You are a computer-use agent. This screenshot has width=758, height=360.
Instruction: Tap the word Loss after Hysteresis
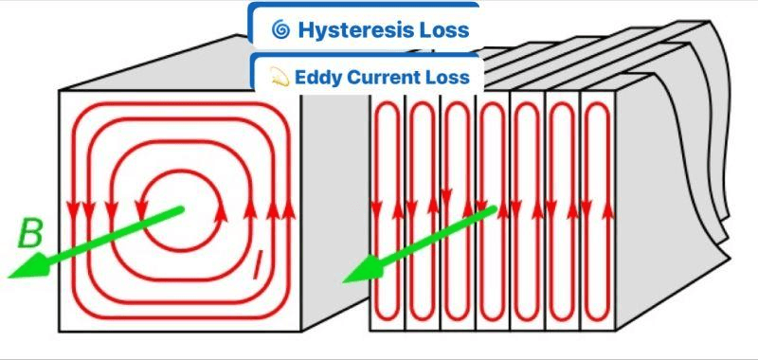[x=444, y=30]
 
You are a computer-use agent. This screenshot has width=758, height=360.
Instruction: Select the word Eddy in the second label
[x=317, y=76]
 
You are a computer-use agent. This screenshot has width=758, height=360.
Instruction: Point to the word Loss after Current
[x=449, y=76]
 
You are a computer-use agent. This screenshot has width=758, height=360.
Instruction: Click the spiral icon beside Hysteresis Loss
[x=280, y=30]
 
